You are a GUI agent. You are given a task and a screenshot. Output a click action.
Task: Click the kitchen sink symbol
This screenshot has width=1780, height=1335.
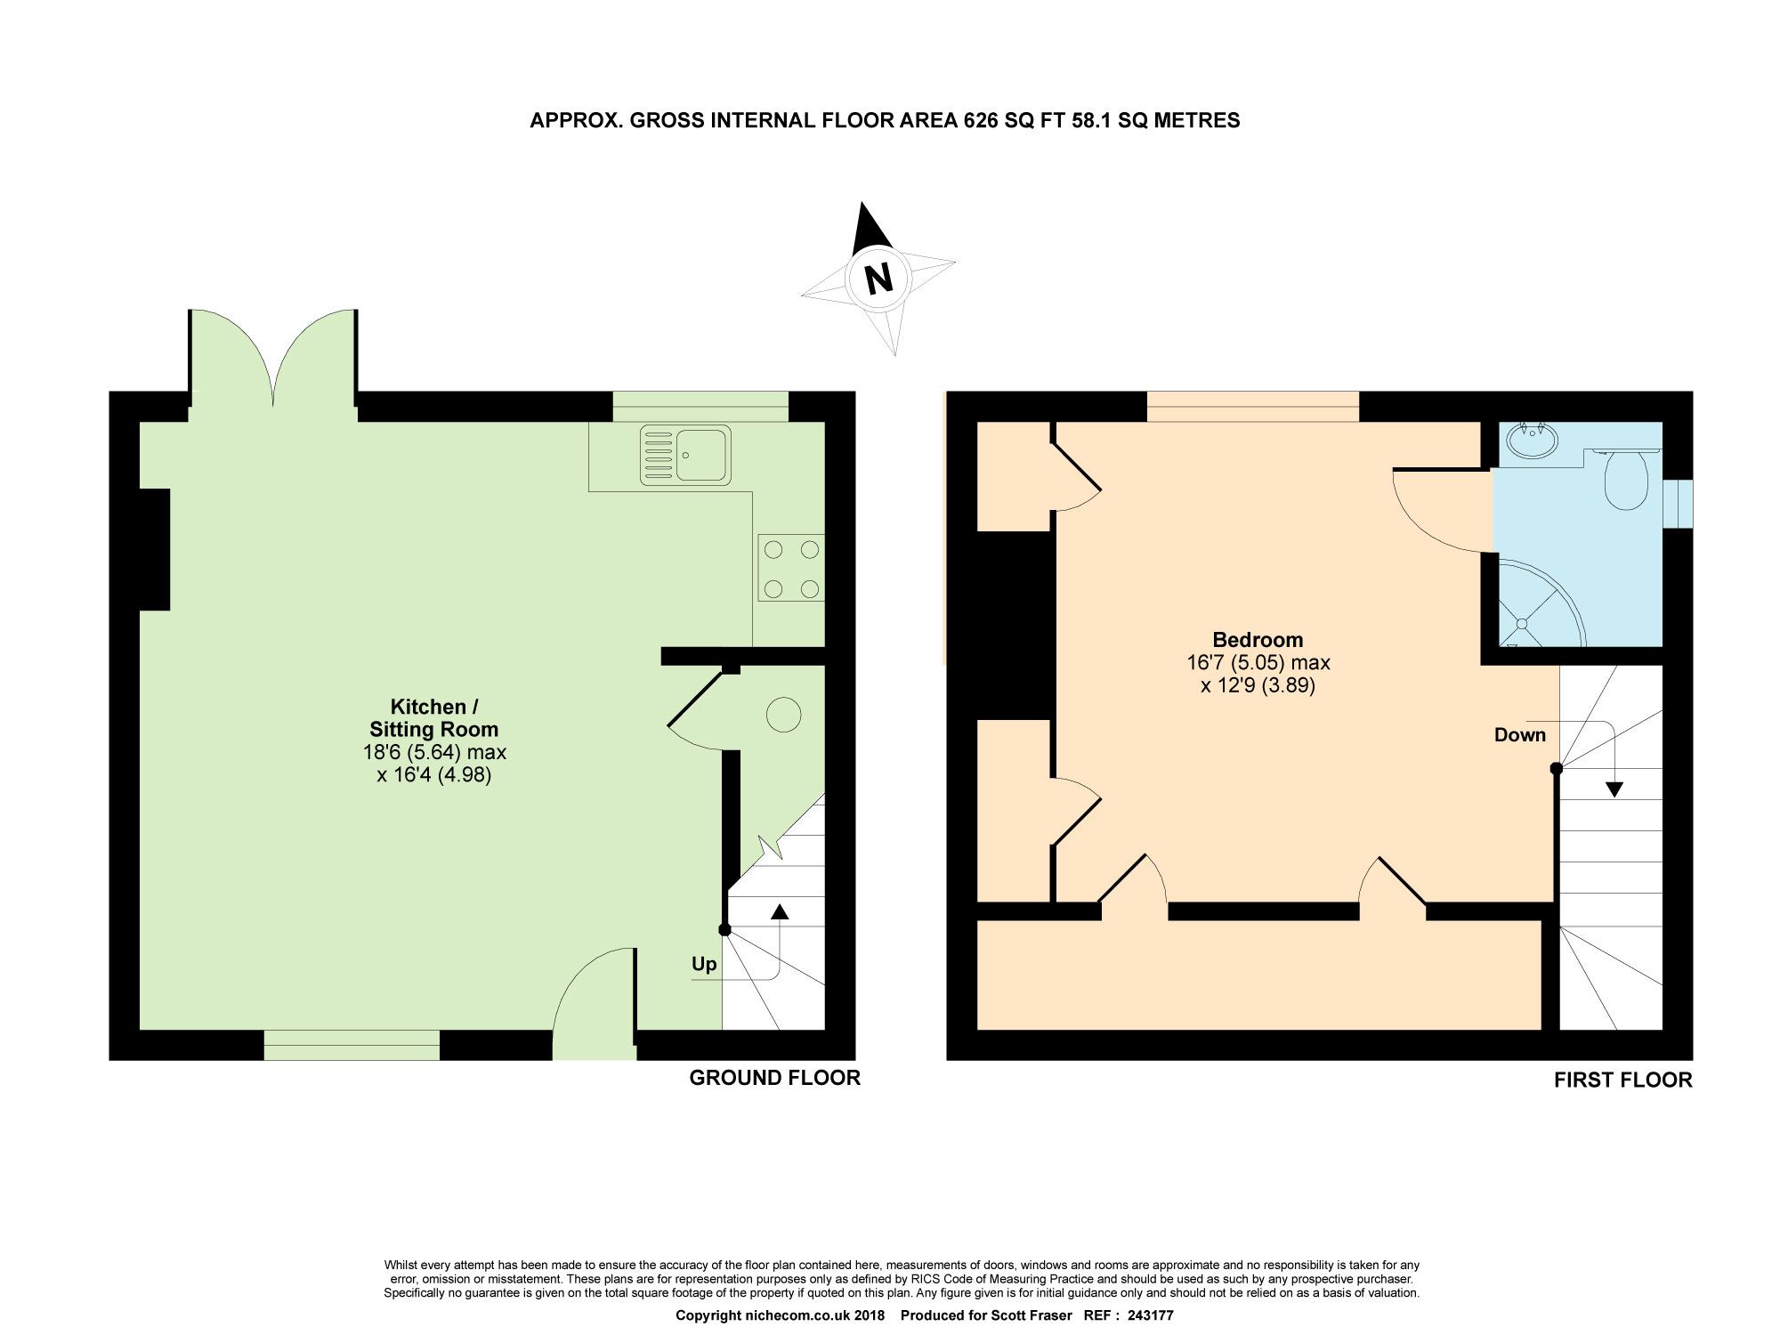(x=685, y=455)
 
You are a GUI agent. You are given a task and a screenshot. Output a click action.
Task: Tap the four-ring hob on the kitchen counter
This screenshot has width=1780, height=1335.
(x=791, y=569)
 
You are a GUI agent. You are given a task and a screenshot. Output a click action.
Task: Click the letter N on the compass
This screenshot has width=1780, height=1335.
(x=879, y=279)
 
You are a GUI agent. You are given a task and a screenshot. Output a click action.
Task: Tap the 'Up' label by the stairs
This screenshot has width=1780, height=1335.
(x=704, y=965)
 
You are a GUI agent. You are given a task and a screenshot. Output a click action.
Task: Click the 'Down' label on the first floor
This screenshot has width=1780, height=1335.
(x=1520, y=735)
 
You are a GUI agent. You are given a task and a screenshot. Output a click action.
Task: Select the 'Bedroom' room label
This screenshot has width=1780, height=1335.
(x=1258, y=639)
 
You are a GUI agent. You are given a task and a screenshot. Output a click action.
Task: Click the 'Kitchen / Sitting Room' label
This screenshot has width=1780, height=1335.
(x=434, y=717)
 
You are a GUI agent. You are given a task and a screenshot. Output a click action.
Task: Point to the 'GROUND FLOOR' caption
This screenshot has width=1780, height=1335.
(x=774, y=1078)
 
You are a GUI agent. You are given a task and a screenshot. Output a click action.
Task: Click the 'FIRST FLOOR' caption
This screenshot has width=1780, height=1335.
(x=1622, y=1080)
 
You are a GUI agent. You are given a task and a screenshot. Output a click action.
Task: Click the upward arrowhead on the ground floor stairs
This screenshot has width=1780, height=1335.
(x=780, y=910)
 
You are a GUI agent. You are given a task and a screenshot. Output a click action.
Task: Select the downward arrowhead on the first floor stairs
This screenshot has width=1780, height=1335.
(x=1614, y=789)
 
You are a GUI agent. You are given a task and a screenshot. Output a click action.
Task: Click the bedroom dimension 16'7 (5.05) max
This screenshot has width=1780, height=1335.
(x=1258, y=663)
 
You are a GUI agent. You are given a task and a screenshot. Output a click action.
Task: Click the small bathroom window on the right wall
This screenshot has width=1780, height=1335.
(x=1679, y=505)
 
